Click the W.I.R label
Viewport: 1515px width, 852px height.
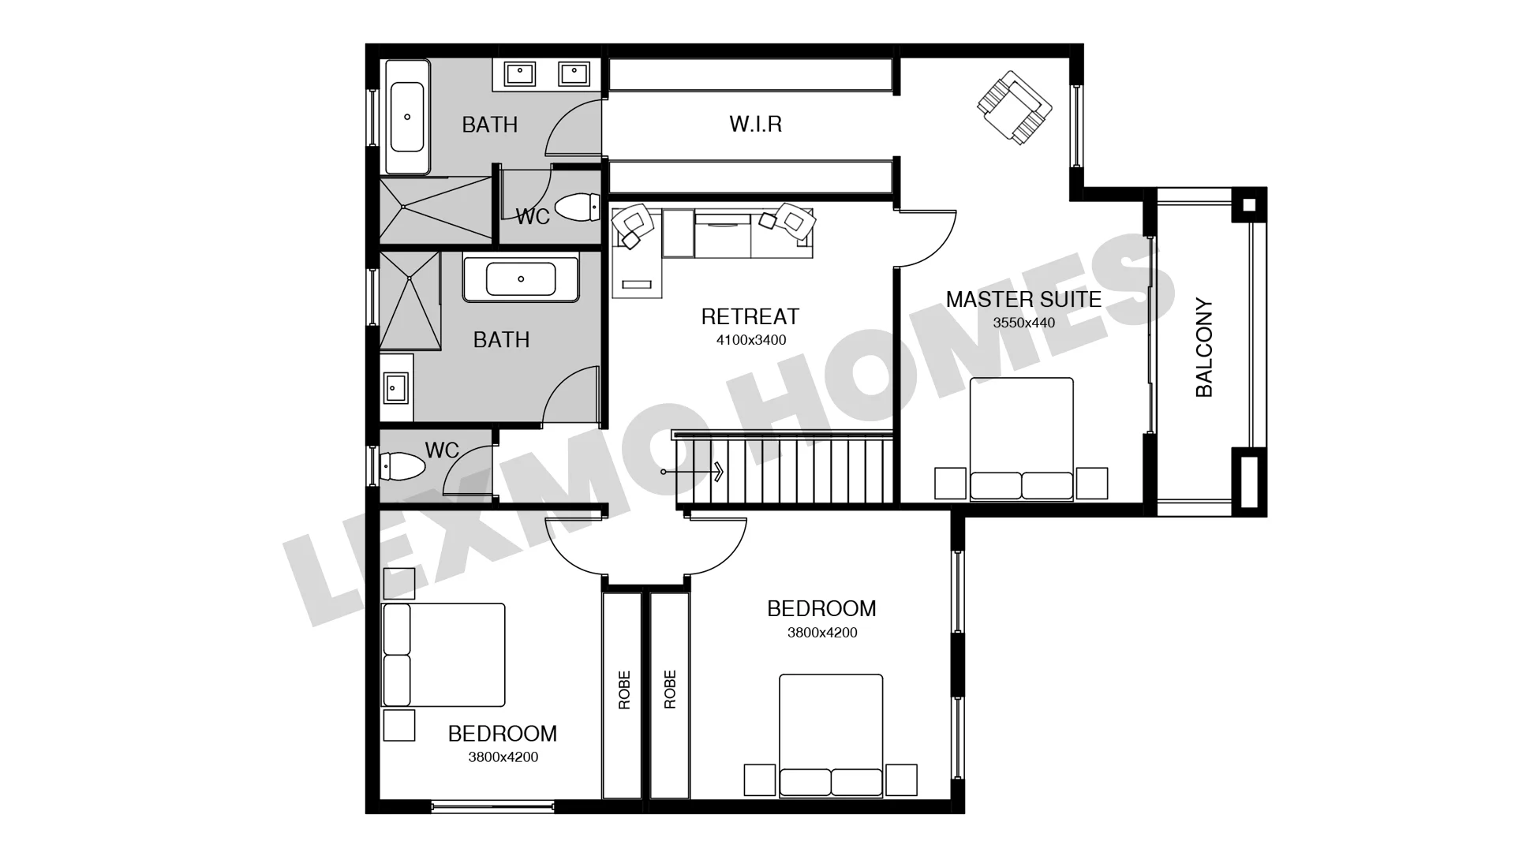click(x=755, y=124)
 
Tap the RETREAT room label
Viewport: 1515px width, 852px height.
click(x=750, y=317)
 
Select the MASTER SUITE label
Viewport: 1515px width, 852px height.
click(x=1023, y=300)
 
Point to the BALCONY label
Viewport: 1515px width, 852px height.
click(x=1203, y=347)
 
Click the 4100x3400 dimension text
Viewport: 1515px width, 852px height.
click(x=751, y=340)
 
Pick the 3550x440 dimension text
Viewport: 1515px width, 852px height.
click(x=1023, y=323)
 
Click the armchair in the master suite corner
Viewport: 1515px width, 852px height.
click(x=1014, y=107)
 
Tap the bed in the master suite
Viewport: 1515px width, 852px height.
click(x=1021, y=439)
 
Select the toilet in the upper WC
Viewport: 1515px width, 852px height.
click(x=577, y=207)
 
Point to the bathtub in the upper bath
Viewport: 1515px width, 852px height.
click(x=407, y=117)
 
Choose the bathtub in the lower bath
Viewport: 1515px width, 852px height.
click(x=521, y=278)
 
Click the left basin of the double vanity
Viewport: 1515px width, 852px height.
click(x=519, y=74)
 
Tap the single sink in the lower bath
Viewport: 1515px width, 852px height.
click(x=395, y=387)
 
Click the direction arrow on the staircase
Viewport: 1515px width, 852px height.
click(x=693, y=472)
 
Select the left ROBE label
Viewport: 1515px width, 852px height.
click(x=624, y=689)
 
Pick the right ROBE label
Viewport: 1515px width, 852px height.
click(x=670, y=689)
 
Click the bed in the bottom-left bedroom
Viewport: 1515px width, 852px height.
click(x=443, y=655)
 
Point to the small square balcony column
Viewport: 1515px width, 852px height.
click(x=1248, y=206)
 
